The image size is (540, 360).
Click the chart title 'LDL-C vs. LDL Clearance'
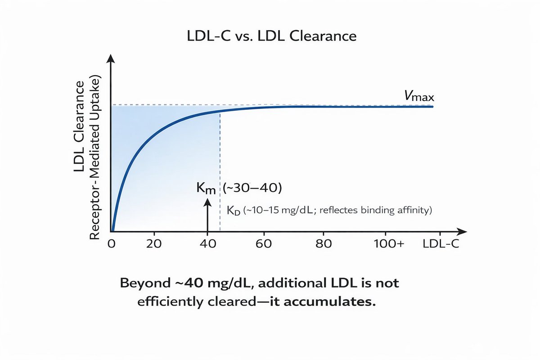tap(271, 36)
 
